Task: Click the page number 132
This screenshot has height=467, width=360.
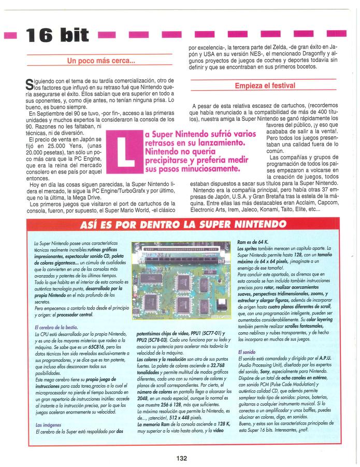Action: [181, 458]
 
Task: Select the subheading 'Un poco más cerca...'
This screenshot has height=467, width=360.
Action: [102, 61]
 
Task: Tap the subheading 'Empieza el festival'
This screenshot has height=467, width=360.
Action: [265, 86]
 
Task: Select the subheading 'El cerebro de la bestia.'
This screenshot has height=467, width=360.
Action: [55, 327]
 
